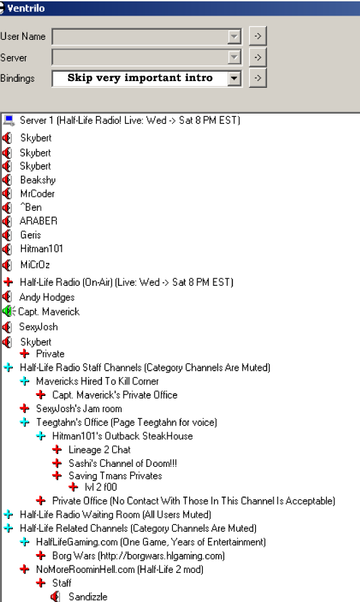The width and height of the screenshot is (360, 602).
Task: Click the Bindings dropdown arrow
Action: (x=234, y=78)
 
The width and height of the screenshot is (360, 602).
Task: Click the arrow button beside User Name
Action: (x=257, y=36)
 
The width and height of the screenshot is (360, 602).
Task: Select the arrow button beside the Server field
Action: (x=257, y=57)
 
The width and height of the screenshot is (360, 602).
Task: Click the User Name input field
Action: (x=147, y=36)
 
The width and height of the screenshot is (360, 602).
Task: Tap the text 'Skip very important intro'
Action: (x=140, y=78)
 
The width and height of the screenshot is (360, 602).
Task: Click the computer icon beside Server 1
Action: (x=9, y=120)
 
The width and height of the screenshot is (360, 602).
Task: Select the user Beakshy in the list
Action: (x=38, y=180)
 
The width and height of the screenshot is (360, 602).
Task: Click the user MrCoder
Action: (x=37, y=193)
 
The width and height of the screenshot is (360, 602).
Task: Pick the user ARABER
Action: (x=38, y=221)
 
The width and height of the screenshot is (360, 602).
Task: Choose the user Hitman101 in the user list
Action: (x=41, y=249)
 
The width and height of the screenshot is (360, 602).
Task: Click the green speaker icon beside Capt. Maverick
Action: (x=9, y=311)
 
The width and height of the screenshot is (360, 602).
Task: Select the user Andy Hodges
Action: (x=47, y=297)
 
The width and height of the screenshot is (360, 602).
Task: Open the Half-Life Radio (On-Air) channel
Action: (x=127, y=282)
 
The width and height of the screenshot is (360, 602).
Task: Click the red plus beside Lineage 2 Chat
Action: (x=57, y=449)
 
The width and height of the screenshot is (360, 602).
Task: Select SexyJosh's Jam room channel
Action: (x=79, y=409)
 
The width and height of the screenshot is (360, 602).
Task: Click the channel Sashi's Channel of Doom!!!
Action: (x=123, y=463)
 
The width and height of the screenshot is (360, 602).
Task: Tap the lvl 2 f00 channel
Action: (x=101, y=487)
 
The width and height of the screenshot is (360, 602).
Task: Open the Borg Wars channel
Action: (x=138, y=555)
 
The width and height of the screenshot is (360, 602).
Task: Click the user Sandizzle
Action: (x=88, y=597)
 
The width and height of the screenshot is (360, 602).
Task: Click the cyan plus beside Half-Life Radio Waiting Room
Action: (x=9, y=514)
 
